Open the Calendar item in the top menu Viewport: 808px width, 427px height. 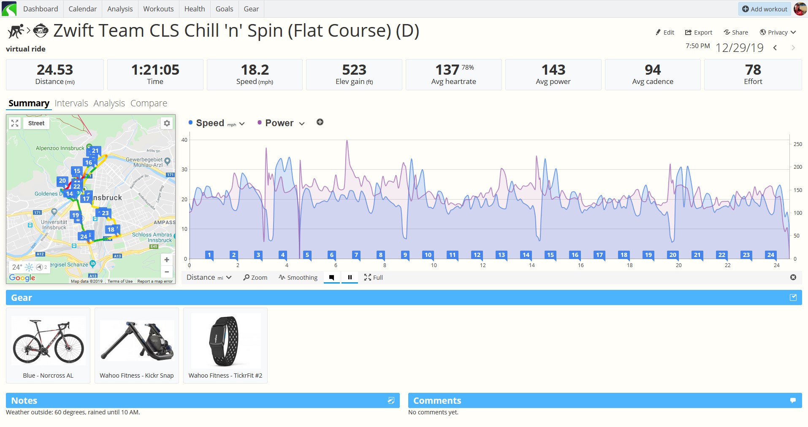82,9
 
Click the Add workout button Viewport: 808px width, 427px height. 765,9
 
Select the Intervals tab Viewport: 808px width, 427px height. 71,103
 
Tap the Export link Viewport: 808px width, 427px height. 698,32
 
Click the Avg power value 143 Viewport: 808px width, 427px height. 553,70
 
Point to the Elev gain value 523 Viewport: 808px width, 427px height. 354,70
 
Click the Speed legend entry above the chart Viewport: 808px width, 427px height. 216,123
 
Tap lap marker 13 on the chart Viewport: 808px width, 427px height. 502,255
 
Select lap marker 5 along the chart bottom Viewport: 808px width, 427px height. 307,255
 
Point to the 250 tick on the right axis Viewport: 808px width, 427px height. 797,144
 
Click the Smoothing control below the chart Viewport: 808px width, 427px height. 298,278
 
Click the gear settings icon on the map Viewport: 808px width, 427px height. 167,123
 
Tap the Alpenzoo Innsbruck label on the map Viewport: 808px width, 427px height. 60,148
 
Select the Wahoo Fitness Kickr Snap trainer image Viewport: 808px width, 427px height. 137,341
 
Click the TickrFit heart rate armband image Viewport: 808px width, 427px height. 226,341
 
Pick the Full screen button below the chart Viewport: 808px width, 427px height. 374,278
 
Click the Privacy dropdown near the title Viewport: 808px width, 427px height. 778,32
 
